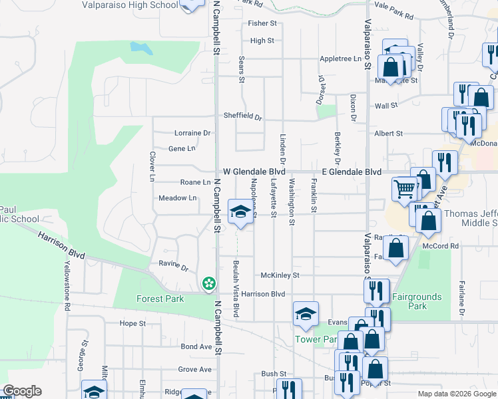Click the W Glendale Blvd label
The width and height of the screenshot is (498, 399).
(x=254, y=172)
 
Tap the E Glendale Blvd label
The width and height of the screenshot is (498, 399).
(x=351, y=172)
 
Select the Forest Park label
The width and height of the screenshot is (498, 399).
(x=160, y=299)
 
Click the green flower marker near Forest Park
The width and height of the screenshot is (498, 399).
(x=209, y=284)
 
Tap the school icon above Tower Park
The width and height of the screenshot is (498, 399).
(x=306, y=313)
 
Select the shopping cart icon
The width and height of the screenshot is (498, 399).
(x=404, y=189)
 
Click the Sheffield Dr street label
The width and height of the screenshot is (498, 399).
(x=242, y=116)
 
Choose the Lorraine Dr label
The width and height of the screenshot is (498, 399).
(x=192, y=133)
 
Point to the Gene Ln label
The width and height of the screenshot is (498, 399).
(x=182, y=148)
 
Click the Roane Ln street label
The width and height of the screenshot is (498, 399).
(x=195, y=182)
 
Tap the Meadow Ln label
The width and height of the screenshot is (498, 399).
(x=177, y=198)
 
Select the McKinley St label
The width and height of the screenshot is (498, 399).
(x=280, y=275)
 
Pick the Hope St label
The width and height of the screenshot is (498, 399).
(x=132, y=323)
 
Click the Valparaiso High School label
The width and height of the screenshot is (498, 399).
(x=130, y=5)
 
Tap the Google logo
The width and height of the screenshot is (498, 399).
(x=22, y=391)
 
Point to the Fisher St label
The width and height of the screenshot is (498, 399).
(x=262, y=23)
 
